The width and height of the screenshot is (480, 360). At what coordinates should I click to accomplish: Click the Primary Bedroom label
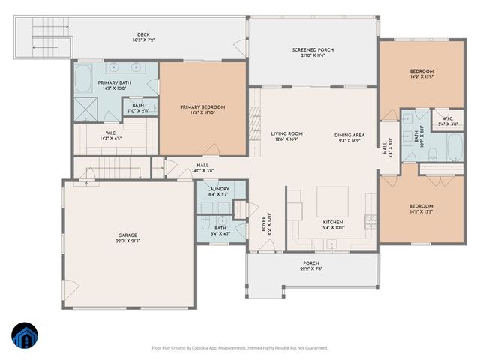click(x=202, y=107)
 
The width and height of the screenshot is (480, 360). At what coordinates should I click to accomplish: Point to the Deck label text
click(x=142, y=34)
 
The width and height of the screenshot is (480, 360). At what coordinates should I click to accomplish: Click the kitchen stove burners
click(x=369, y=220)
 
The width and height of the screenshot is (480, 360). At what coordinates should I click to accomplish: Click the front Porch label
click(x=310, y=263)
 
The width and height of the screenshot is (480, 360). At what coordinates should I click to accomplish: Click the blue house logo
click(x=26, y=335)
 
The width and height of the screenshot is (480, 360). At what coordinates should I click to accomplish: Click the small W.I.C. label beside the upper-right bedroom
click(x=446, y=118)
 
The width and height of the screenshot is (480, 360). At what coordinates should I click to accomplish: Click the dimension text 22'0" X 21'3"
click(x=129, y=241)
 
